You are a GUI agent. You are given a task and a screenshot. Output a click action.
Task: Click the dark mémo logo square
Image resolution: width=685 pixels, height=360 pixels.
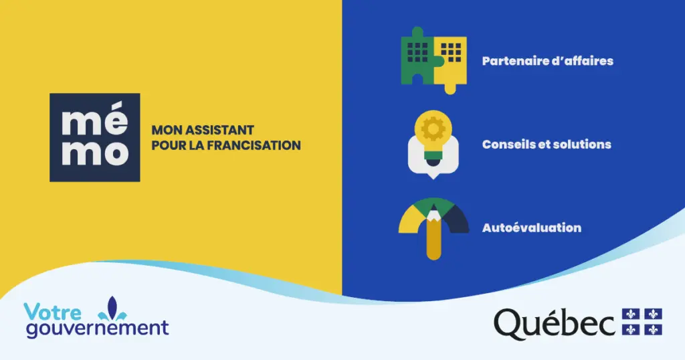point(95,137)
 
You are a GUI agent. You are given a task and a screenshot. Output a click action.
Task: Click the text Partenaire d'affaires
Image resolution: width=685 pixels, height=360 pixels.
point(547,61)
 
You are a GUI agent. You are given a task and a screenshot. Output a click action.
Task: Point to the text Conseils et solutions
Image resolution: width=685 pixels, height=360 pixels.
point(547,144)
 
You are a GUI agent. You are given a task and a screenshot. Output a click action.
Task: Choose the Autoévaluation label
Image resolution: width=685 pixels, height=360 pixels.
point(532,228)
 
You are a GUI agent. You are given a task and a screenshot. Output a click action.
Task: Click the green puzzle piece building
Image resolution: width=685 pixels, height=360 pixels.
point(417,57)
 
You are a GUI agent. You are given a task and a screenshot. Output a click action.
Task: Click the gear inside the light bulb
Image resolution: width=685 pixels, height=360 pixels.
point(433,128)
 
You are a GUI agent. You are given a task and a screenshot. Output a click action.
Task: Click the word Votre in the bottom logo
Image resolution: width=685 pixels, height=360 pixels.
point(52,312)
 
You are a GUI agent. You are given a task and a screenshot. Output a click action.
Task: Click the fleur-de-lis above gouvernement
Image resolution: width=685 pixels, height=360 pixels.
point(112,308)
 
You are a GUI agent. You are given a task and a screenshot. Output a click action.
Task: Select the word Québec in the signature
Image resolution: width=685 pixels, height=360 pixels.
point(555,323)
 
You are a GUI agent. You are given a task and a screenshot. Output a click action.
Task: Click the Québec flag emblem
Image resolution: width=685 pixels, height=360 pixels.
point(642,322)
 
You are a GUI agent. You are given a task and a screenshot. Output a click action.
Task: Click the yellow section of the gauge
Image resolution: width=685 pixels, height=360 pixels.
point(411,219)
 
